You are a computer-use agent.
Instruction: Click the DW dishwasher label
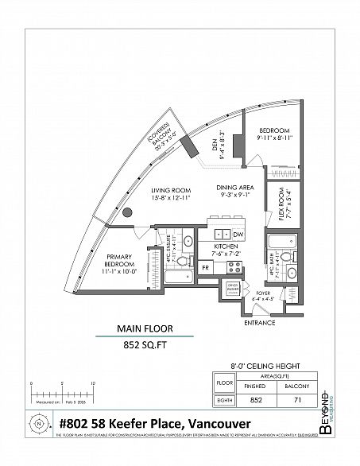238,235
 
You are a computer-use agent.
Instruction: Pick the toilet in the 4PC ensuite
180,262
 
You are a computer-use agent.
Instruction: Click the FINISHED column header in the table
256,388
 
